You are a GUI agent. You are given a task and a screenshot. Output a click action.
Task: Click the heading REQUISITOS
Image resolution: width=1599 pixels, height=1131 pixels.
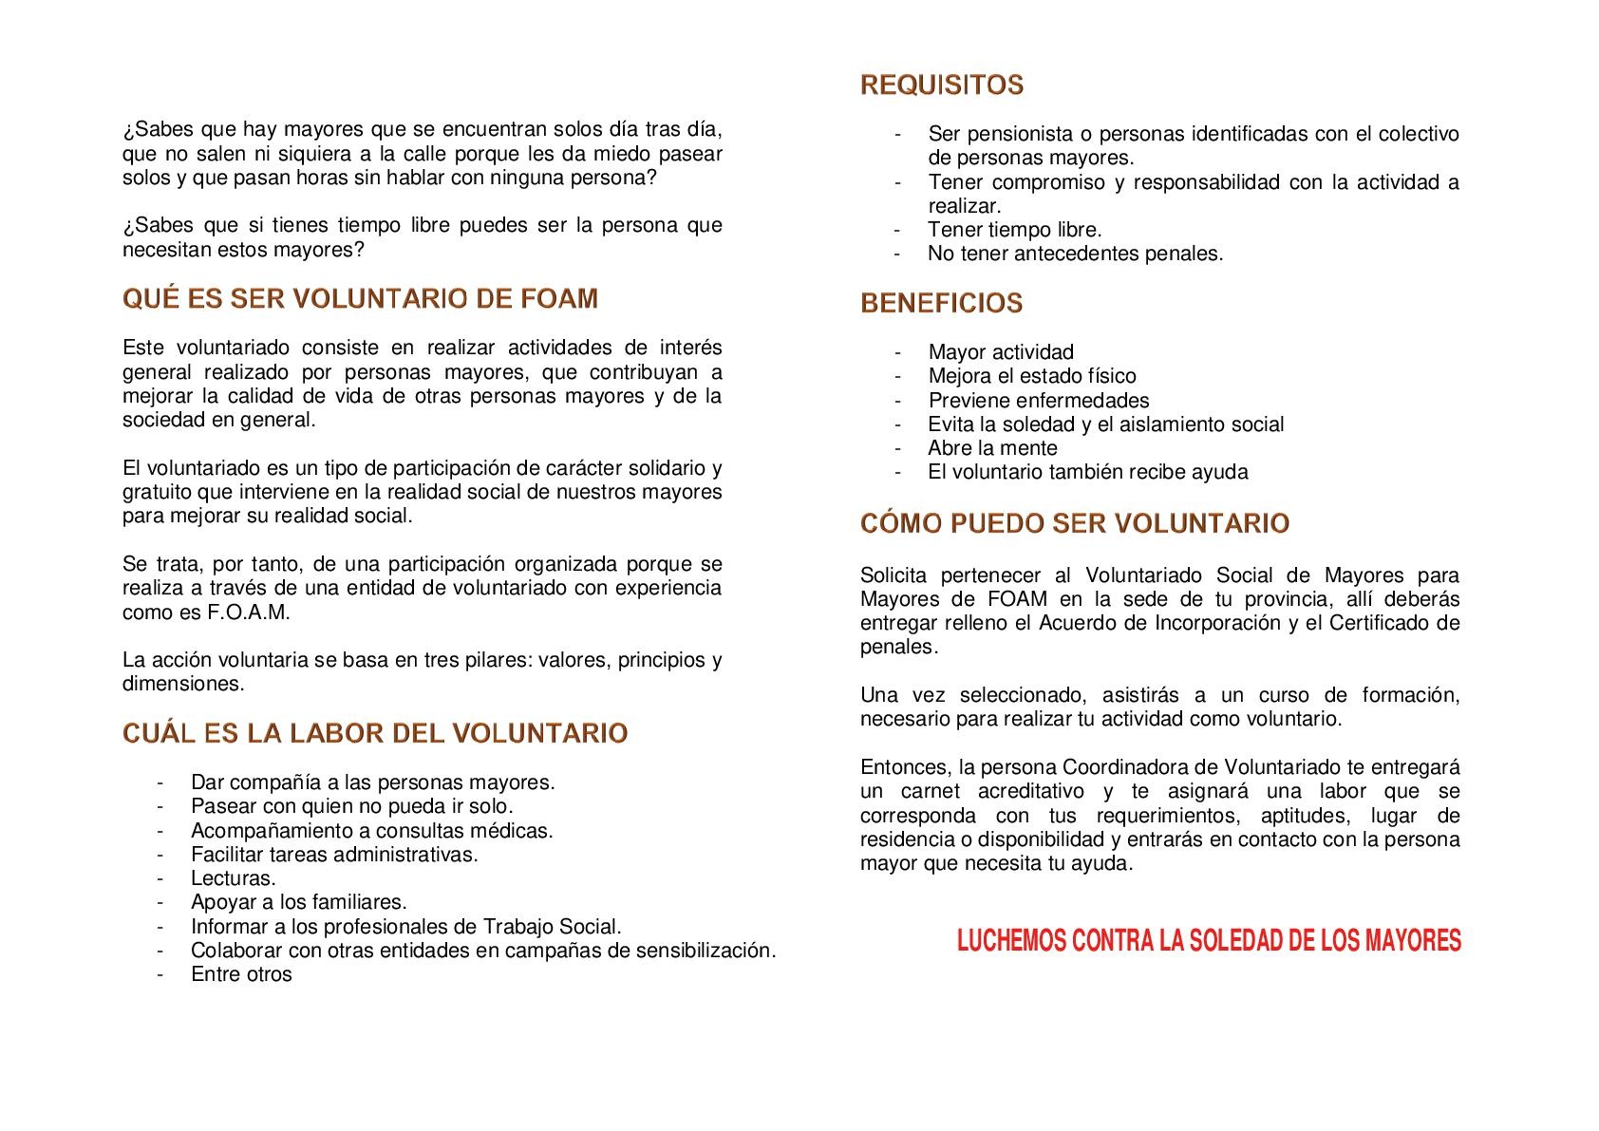[x=942, y=85]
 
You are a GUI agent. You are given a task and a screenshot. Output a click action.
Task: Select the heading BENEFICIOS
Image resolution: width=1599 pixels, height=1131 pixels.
[x=941, y=304]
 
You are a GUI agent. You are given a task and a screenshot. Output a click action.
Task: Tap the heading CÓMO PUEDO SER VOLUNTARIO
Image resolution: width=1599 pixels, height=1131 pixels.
[x=1074, y=523]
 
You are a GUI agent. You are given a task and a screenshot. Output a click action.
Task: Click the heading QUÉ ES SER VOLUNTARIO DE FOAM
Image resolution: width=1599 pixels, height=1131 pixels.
[x=360, y=299]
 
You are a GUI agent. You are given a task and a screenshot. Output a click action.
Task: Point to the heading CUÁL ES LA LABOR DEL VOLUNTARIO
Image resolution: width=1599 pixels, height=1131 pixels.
[x=375, y=734]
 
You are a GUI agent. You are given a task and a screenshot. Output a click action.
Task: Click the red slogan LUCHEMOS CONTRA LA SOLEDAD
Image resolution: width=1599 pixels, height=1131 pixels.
[x=1208, y=941]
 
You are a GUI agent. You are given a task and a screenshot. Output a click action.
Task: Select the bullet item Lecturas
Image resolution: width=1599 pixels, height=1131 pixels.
[x=233, y=878]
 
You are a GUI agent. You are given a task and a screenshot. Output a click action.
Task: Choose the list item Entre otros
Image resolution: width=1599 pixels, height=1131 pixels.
[x=241, y=974]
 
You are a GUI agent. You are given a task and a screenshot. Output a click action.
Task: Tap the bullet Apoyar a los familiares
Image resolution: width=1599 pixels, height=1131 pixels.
[x=298, y=902]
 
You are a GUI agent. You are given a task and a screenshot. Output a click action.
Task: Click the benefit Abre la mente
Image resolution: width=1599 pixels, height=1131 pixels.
[x=992, y=448]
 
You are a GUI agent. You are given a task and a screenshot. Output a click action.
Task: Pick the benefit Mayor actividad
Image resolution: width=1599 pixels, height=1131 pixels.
[x=1001, y=352]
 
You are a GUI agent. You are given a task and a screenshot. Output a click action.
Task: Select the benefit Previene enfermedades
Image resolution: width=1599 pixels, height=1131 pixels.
[x=1038, y=401]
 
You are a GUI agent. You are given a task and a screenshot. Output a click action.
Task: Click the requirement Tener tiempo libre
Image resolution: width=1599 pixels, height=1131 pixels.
[x=1014, y=230]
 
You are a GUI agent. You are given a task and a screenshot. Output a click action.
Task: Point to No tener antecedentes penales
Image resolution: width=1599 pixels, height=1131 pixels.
[x=1075, y=254]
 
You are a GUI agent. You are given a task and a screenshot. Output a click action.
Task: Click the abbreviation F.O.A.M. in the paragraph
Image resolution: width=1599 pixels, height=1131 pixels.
[x=248, y=613]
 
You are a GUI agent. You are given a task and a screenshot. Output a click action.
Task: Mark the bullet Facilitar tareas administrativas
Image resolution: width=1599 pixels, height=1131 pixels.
[x=334, y=855]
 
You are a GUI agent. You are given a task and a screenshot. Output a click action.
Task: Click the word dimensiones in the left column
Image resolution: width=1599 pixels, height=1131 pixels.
[x=182, y=684]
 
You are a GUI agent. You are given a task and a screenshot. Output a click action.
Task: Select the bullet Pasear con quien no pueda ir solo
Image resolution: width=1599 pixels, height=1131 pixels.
[x=351, y=806]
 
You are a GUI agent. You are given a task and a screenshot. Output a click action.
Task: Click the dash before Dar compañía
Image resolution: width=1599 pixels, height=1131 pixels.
[x=160, y=782]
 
